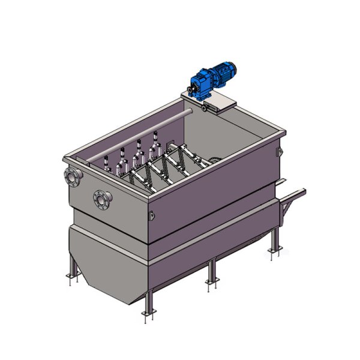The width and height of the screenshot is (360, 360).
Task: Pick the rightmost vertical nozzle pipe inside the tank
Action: [157, 140]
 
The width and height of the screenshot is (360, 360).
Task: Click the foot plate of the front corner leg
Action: [146, 313]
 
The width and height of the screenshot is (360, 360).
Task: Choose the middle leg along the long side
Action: [210, 272]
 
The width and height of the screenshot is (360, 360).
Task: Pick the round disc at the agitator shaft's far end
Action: [217, 160]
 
